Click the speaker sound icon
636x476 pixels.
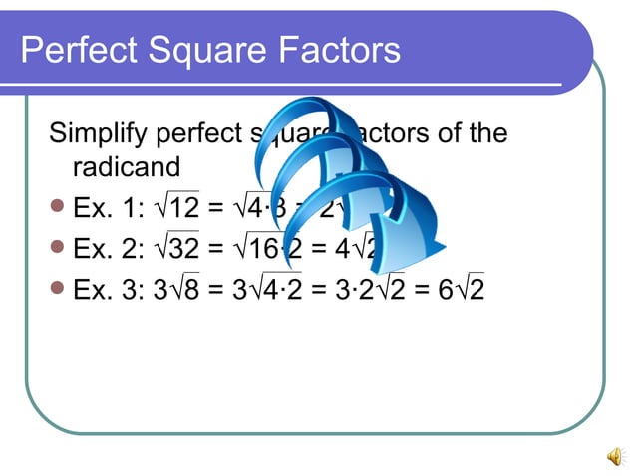614,455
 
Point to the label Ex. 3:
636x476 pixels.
105,291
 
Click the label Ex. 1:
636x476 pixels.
105,209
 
